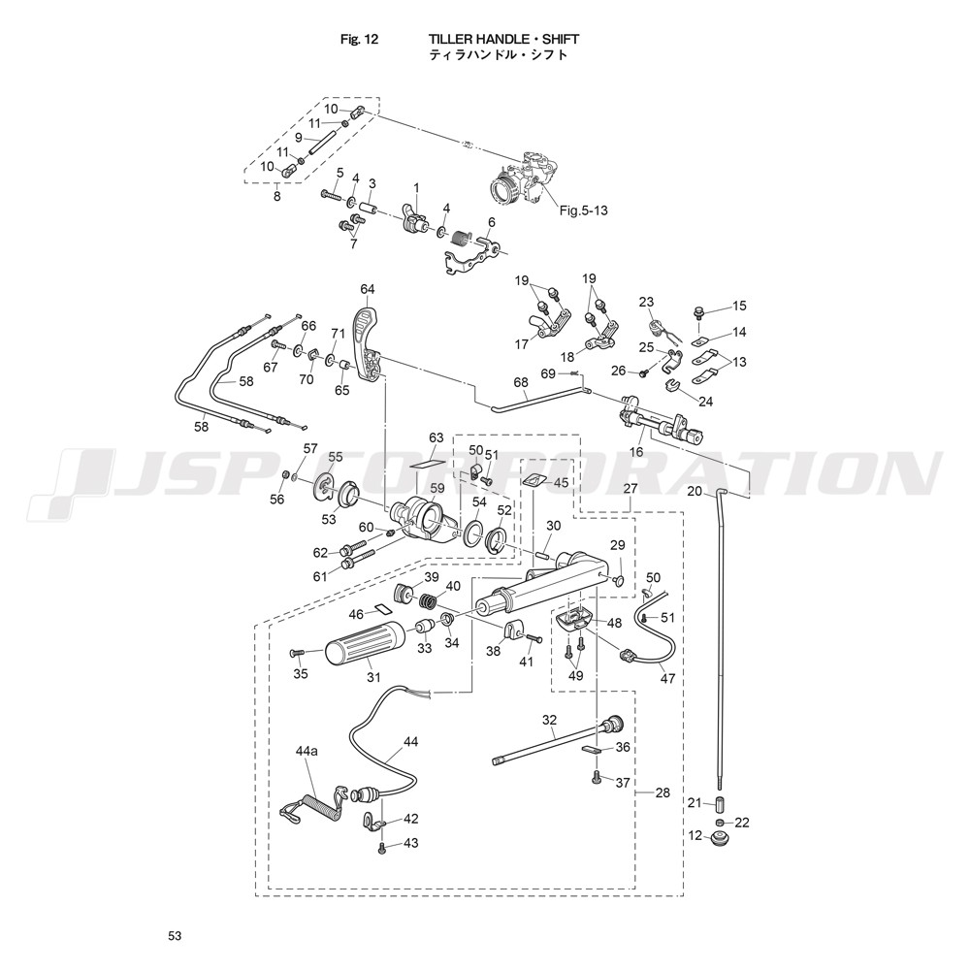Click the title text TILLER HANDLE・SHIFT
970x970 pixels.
pyautogui.click(x=503, y=39)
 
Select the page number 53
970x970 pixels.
pyautogui.click(x=175, y=936)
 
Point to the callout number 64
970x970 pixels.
pyautogui.click(x=367, y=289)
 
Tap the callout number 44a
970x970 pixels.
pyautogui.click(x=307, y=751)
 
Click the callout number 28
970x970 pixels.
pyautogui.click(x=663, y=792)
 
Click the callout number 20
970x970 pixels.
pyautogui.click(x=694, y=492)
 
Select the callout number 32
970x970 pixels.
pyautogui.click(x=549, y=720)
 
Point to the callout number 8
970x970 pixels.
pyautogui.click(x=276, y=197)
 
